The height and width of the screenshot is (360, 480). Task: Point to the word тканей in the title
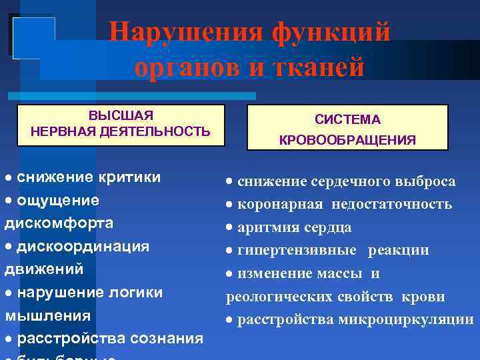tap(321, 68)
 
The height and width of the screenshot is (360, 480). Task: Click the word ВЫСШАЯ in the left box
tap(121, 115)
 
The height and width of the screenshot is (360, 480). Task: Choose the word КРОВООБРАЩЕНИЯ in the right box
tap(347, 141)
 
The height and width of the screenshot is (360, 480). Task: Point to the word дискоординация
tap(83, 246)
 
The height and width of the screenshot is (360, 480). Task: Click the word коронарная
tap(280, 204)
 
